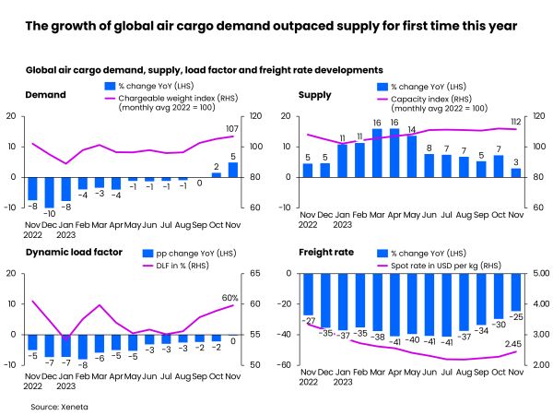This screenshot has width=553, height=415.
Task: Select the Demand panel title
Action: [45, 94]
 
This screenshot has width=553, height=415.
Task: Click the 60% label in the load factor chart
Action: [230, 298]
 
